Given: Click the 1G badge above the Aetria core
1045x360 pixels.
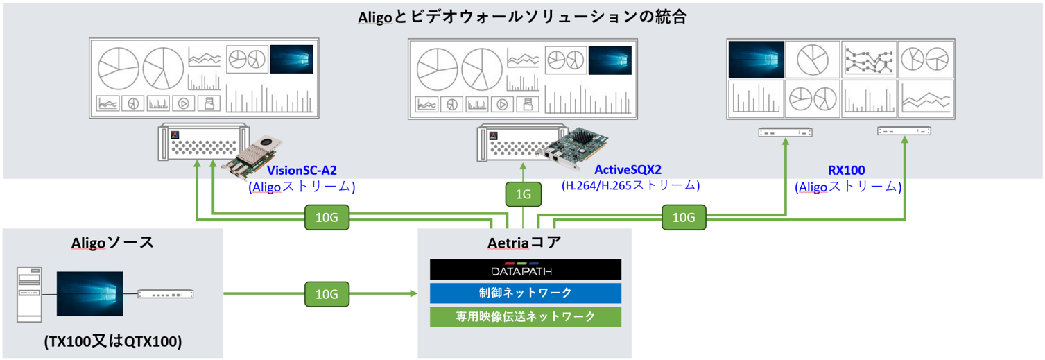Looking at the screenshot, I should [524, 195].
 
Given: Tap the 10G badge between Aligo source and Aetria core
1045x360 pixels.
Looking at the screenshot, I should [327, 294].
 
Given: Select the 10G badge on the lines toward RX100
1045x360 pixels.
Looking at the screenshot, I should [683, 218].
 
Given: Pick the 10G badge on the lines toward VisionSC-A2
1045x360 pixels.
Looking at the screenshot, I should [327, 218].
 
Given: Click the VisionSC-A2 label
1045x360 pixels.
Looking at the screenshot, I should [302, 170].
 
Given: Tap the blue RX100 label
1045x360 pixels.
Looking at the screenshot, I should [847, 170].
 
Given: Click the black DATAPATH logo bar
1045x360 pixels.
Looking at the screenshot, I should [525, 270].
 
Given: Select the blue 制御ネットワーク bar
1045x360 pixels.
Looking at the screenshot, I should [525, 293].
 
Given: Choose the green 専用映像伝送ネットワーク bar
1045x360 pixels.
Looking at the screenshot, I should [525, 316].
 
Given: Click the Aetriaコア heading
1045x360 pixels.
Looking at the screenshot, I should [524, 243].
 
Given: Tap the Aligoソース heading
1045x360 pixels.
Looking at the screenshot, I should [112, 242].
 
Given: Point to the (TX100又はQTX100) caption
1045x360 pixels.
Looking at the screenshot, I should [112, 341].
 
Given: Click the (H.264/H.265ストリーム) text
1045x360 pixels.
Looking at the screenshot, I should [630, 186].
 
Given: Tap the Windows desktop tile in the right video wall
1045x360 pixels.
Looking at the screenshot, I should [756, 60].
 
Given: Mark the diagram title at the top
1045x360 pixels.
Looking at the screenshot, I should [522, 17].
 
